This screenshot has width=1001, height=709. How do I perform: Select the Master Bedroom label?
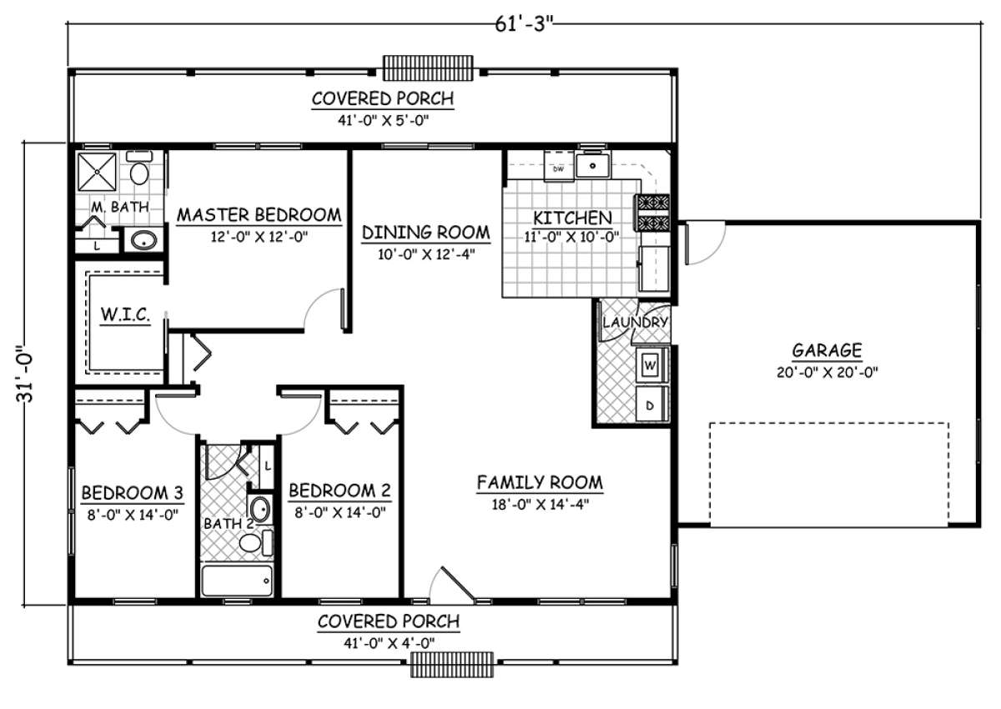coord(259,215)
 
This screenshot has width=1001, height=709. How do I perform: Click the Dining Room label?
coord(426,233)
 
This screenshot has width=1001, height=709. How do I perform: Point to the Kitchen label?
coord(572,218)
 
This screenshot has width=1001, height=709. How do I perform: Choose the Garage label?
coord(827,350)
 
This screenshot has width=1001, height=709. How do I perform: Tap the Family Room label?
coord(540,482)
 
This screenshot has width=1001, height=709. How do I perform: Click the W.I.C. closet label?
coord(125,314)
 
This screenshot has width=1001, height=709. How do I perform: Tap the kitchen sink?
coord(592,166)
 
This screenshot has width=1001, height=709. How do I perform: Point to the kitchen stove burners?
coord(653,213)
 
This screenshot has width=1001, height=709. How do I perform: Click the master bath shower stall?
coord(97,172)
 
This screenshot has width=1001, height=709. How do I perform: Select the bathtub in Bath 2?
coord(237,581)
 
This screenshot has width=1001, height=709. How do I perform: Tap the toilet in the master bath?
coord(139,168)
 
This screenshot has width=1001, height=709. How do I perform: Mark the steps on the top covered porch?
coord(428,68)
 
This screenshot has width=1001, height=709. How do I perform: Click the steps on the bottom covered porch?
coord(452,665)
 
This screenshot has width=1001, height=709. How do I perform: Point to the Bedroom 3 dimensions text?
coord(133,515)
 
